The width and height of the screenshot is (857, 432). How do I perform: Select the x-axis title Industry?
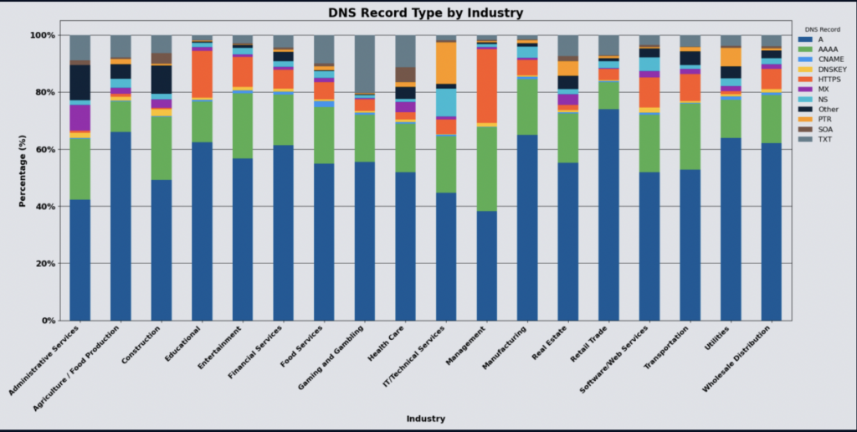pos(425,419)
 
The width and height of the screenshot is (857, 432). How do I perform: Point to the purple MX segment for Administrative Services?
pos(80,118)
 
